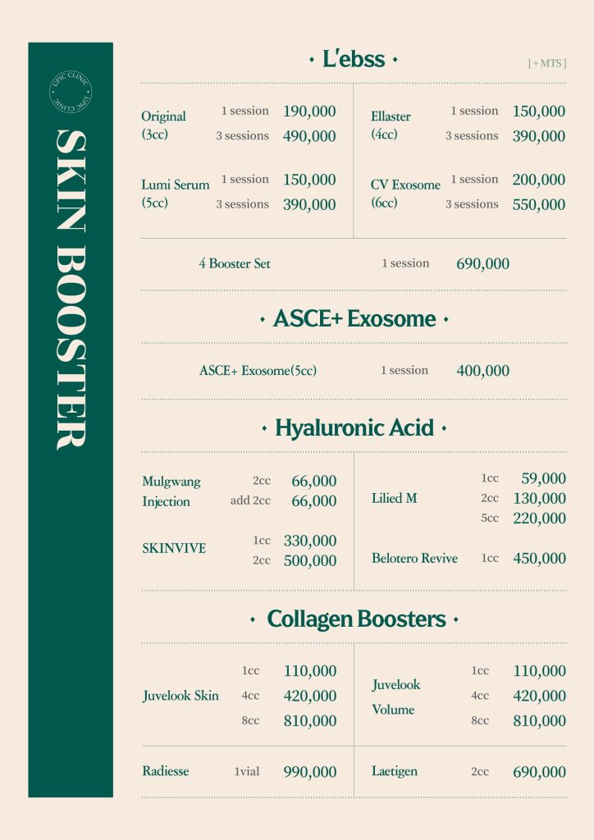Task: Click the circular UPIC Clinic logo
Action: pyautogui.click(x=70, y=93)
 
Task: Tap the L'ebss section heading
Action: pyautogui.click(x=354, y=60)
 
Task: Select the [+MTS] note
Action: pyautogui.click(x=547, y=63)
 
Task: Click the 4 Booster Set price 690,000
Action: pyautogui.click(x=482, y=264)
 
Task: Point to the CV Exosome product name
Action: pyautogui.click(x=405, y=185)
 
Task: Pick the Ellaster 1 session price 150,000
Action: pyautogui.click(x=538, y=112)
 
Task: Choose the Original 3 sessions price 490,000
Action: pyautogui.click(x=309, y=136)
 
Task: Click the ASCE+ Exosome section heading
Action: pyautogui.click(x=354, y=319)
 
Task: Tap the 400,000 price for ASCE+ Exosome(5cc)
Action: pyautogui.click(x=482, y=371)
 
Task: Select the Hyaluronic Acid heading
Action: pyautogui.click(x=354, y=428)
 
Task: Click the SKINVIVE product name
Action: pyautogui.click(x=174, y=549)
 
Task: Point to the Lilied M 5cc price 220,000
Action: pyautogui.click(x=539, y=518)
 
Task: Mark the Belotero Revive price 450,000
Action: pyautogui.click(x=539, y=559)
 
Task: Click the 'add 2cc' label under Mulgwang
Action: pyautogui.click(x=250, y=500)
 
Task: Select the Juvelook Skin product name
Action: pyautogui.click(x=180, y=696)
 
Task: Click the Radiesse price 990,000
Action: pyautogui.click(x=309, y=772)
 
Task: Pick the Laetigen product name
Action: pyautogui.click(x=395, y=771)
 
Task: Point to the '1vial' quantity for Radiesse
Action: pyautogui.click(x=247, y=772)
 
